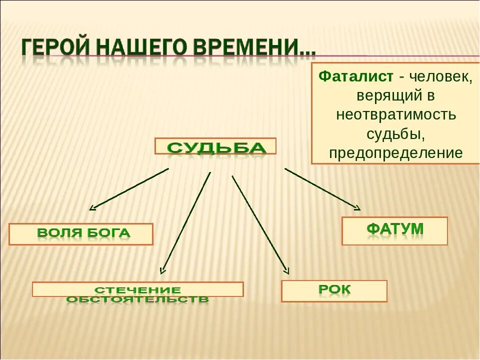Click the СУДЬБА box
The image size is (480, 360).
(x=215, y=146)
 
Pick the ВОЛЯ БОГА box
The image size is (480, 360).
(x=81, y=234)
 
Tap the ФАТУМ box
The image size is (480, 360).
(x=394, y=230)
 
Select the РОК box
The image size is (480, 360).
(x=334, y=290)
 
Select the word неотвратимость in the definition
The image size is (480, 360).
(x=395, y=114)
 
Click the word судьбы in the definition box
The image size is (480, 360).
(x=395, y=134)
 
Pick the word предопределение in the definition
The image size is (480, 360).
(x=395, y=153)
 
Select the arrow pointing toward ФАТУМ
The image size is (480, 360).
(x=322, y=188)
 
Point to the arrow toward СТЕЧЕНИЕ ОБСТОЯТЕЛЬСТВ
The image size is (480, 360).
(x=185, y=223)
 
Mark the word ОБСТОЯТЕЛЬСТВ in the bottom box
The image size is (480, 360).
(x=137, y=299)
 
